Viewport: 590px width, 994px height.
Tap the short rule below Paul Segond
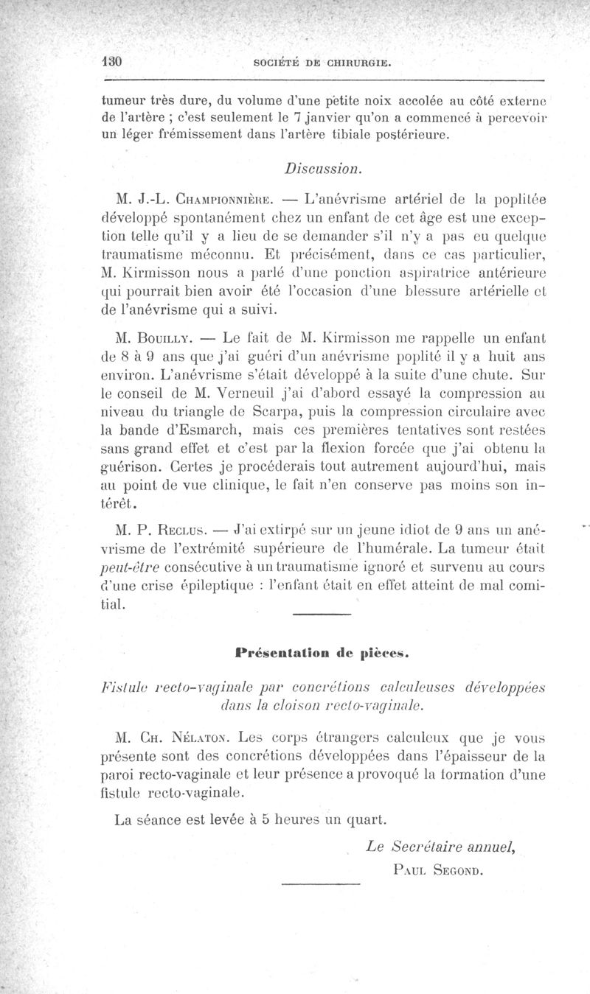pos(321,883)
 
